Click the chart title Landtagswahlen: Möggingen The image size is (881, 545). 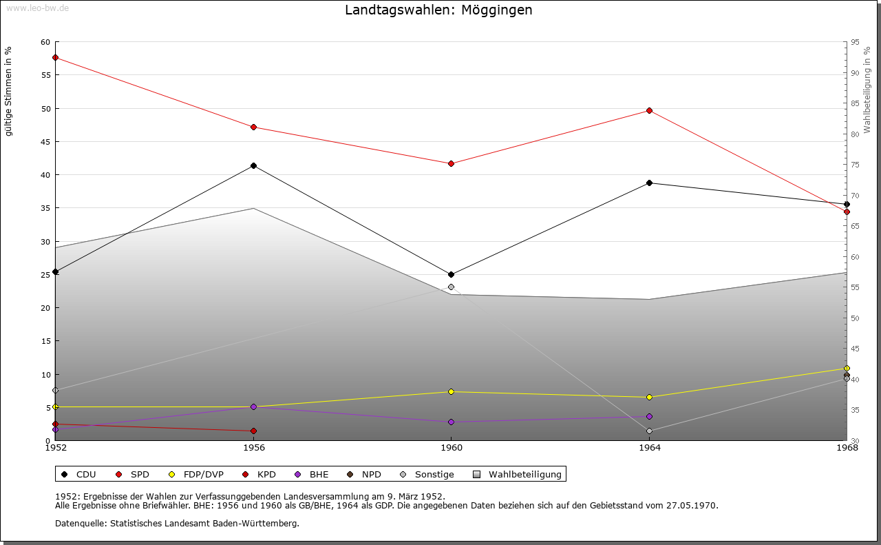click(x=438, y=10)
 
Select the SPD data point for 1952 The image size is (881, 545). click(x=55, y=57)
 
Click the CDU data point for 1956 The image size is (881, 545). click(x=253, y=165)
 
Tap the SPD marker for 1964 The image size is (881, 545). click(x=649, y=110)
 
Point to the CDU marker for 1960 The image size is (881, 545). click(x=451, y=274)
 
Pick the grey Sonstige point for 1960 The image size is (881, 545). click(x=451, y=287)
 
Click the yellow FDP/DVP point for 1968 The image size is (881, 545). click(x=847, y=368)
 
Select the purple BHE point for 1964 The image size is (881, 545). click(x=649, y=416)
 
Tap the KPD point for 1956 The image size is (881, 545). click(x=253, y=431)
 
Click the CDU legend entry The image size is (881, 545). click(x=79, y=474)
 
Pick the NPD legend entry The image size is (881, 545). click(x=364, y=474)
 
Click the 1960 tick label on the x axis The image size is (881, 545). click(x=451, y=448)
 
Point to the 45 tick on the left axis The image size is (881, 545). click(x=45, y=142)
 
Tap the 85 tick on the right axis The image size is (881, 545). click(x=855, y=103)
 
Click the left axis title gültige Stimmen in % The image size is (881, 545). click(x=8, y=91)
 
